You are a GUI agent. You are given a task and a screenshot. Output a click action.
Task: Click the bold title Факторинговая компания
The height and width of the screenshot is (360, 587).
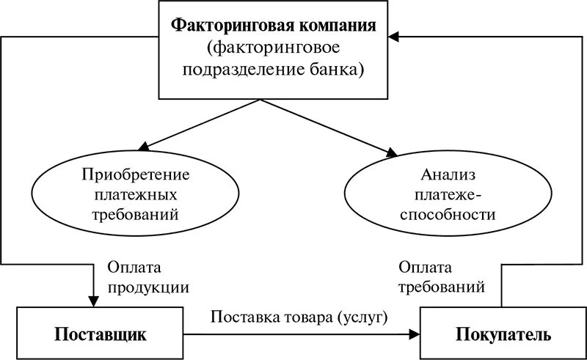pos(274,26)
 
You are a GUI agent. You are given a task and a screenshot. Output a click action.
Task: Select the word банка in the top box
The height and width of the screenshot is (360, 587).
pos(340,70)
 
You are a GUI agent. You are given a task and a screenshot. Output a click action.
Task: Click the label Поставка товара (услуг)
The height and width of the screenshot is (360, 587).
pos(299,317)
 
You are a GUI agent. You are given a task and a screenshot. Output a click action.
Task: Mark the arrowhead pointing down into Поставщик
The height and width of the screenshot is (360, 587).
pos(92,301)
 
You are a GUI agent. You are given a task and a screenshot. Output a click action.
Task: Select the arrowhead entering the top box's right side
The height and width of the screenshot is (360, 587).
pos(395,36)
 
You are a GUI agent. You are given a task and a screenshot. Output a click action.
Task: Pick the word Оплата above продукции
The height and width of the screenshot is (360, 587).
pos(131,268)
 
